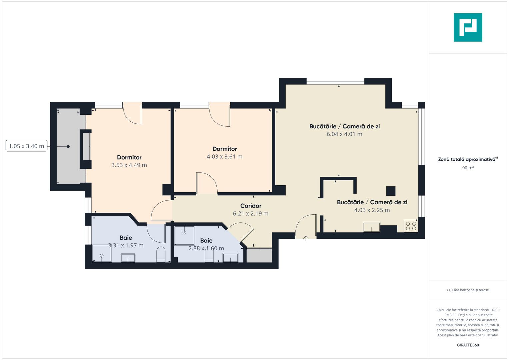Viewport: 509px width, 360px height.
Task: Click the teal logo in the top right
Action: [x=468, y=27]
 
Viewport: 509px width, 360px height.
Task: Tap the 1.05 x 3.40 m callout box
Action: [x=26, y=146]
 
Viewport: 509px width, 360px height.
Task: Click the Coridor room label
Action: [x=251, y=206]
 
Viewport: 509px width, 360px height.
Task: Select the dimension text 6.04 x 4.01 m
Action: [x=344, y=134]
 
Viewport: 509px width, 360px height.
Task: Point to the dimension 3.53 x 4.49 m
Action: [x=129, y=165]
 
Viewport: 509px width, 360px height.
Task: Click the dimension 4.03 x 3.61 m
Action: [x=224, y=157]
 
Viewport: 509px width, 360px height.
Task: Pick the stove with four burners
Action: [x=411, y=226]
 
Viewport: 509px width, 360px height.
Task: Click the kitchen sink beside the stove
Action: [x=371, y=227]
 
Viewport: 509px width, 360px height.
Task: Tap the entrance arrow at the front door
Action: [x=306, y=238]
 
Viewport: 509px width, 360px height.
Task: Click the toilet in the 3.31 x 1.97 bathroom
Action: [x=161, y=254]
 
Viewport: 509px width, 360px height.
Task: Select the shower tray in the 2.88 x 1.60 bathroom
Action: [x=184, y=235]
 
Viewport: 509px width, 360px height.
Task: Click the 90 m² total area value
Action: [x=468, y=168]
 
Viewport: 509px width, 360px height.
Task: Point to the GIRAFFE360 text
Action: [x=468, y=345]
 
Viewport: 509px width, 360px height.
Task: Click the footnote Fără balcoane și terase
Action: [x=468, y=290]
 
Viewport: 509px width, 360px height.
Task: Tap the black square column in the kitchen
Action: [x=391, y=191]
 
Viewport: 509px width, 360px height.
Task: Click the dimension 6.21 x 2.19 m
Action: [x=250, y=214]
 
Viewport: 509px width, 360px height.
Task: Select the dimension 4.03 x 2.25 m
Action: [x=372, y=210]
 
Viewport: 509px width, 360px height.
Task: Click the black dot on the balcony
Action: [x=68, y=146]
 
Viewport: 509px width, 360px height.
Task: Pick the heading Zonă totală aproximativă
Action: [x=467, y=159]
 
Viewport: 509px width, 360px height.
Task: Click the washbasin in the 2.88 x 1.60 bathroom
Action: [x=230, y=258]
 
